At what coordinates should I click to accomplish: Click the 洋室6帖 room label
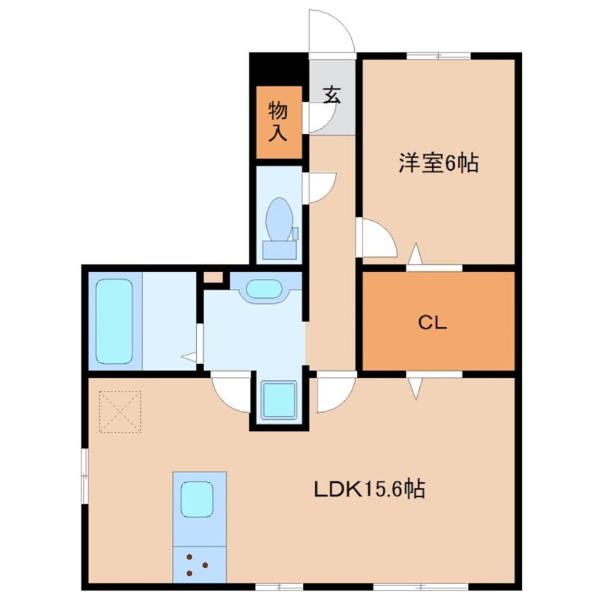coord(438,163)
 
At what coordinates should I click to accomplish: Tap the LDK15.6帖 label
coord(370,489)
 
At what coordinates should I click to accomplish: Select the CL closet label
coord(433,323)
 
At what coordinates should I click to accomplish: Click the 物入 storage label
coord(278,122)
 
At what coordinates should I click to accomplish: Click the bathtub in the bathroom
coord(114,321)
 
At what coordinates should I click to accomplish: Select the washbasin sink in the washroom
coord(264,288)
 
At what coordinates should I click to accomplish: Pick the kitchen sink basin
coord(197,499)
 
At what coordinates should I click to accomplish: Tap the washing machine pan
coord(279,400)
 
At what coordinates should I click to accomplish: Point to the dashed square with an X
coord(120,411)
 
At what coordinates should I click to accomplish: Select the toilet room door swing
coord(319,188)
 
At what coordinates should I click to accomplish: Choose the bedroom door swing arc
coord(377,238)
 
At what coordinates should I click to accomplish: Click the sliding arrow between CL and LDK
coord(416,389)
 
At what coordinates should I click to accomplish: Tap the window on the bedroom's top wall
coord(438,56)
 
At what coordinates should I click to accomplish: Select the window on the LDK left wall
coord(85,475)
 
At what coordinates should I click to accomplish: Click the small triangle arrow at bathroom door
coord(190,357)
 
